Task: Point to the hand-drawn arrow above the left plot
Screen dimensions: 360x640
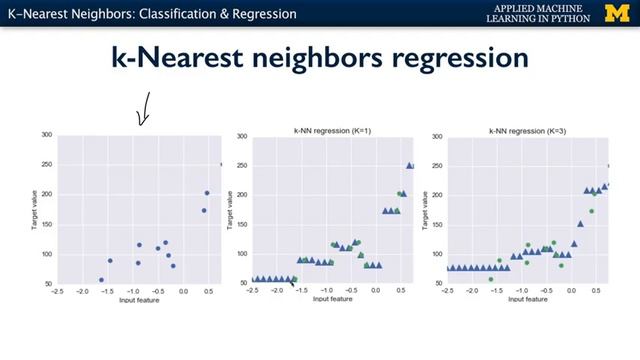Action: coord(143,109)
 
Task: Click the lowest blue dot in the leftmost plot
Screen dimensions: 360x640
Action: coord(101,280)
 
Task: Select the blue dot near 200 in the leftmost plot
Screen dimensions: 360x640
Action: coord(207,193)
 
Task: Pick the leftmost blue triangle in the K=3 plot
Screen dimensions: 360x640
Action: coord(448,268)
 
